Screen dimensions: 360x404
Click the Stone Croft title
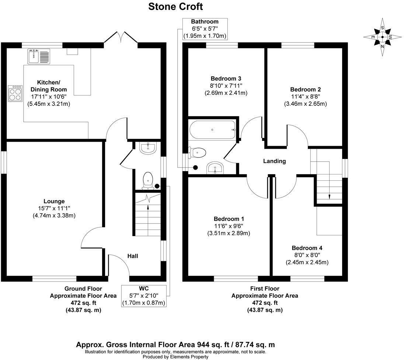[x=175, y=7]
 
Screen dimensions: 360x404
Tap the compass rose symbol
[x=383, y=37]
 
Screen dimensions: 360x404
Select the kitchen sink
[x=38, y=57]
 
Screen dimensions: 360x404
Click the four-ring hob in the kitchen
[x=15, y=93]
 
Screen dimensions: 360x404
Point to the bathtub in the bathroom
[x=212, y=129]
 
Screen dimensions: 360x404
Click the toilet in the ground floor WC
[x=148, y=179]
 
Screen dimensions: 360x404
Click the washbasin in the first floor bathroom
[x=215, y=168]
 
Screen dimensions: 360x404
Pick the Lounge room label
[x=54, y=201]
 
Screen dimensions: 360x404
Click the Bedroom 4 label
[x=307, y=248]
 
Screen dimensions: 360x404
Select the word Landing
[x=274, y=161]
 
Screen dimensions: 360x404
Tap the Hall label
[x=133, y=256]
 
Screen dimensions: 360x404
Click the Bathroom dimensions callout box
[x=205, y=29]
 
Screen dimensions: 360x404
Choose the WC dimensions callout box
[x=143, y=296]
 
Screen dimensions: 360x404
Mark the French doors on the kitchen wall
[x=121, y=39]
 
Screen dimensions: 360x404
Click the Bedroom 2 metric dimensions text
[x=306, y=104]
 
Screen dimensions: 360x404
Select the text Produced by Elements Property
[x=175, y=357]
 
